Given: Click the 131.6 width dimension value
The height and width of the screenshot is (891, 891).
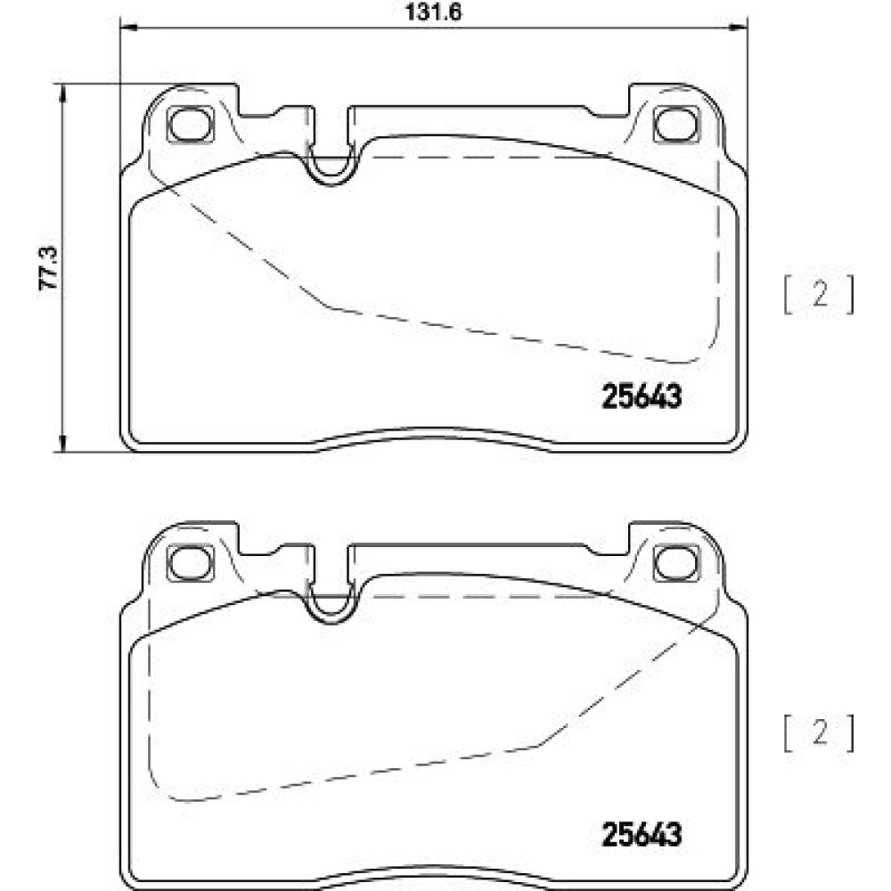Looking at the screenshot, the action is [433, 12].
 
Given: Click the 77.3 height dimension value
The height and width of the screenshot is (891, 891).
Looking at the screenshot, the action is [48, 268].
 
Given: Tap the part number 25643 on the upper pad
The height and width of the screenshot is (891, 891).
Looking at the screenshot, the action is [641, 396].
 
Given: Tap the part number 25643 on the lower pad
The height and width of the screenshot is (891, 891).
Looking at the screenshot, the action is [641, 835].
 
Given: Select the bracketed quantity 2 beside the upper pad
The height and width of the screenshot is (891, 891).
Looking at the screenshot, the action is [820, 295].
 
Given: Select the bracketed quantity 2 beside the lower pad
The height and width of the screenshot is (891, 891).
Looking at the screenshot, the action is [820, 733].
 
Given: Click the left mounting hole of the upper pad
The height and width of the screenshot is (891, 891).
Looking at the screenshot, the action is [191, 123].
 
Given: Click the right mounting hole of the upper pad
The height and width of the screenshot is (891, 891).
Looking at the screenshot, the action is [676, 123].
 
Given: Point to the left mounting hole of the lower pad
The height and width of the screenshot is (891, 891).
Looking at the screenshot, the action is [191, 562].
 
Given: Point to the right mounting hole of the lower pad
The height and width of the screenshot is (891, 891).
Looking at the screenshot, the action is [676, 562].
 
